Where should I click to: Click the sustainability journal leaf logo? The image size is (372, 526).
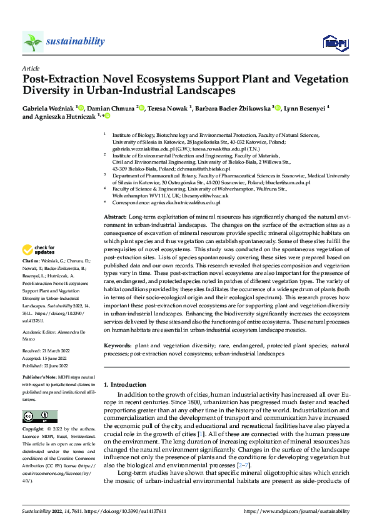click(x=33, y=42)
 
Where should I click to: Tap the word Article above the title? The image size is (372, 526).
click(x=31, y=67)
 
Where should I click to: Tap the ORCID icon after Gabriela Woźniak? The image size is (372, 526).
click(x=81, y=108)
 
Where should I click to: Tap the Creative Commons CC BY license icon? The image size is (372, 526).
click(x=39, y=417)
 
